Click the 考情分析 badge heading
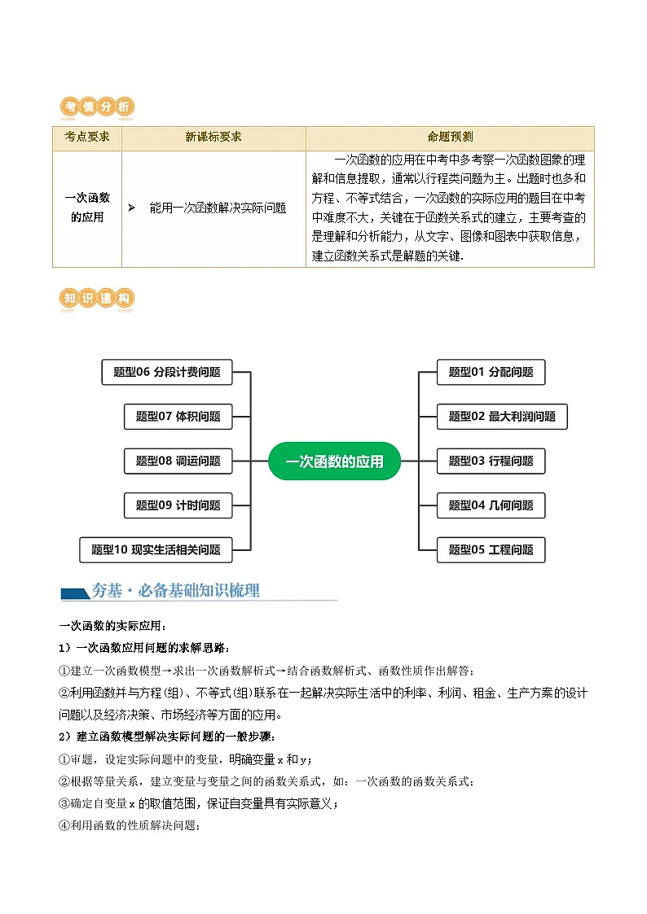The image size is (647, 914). [97, 107]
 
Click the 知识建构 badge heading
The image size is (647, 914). [97, 299]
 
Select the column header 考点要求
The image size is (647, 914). [87, 138]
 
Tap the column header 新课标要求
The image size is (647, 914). [213, 138]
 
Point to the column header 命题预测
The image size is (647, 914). [450, 138]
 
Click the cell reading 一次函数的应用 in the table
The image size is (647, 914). [87, 208]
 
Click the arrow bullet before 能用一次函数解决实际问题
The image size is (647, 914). [131, 208]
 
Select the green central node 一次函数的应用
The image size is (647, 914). [334, 461]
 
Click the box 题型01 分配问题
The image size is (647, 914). [491, 372]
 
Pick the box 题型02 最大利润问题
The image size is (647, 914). [502, 417]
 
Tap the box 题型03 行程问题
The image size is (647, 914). [491, 461]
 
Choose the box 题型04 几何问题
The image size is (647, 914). [491, 505]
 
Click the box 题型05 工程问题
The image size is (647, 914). [491, 549]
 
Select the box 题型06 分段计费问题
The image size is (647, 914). [167, 372]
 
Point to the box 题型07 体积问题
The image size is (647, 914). [178, 417]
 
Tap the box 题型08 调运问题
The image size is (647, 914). [178, 461]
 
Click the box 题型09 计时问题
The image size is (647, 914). [178, 505]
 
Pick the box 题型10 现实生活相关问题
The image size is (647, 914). [156, 549]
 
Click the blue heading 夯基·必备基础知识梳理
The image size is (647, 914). [175, 591]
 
